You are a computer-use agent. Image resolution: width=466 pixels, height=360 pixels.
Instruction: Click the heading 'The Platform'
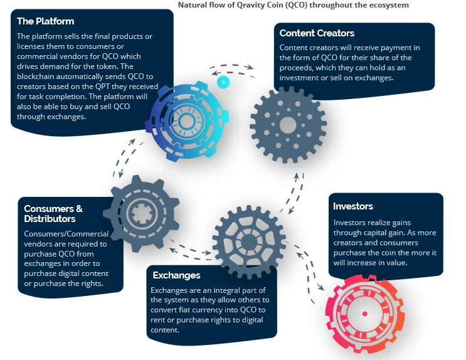(x=46, y=21)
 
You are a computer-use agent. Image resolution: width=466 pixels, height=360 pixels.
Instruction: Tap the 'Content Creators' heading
(x=317, y=33)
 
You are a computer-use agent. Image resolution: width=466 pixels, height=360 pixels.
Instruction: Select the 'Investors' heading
(x=353, y=206)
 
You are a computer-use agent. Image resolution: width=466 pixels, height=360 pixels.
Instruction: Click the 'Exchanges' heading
(x=176, y=275)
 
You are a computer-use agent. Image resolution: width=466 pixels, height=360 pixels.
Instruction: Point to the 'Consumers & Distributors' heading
(x=53, y=214)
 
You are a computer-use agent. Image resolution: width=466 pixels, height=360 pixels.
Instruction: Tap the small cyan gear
(x=223, y=82)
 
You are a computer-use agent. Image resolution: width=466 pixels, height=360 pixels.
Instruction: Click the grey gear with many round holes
(x=288, y=124)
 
